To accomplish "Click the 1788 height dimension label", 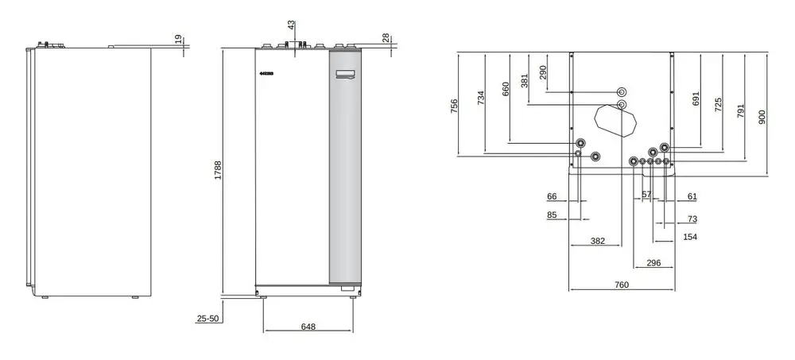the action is pos(218,170).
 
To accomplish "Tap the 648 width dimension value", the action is pos(308,327).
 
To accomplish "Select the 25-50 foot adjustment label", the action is pos(207,319).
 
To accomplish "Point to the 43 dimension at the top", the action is pos(290,25).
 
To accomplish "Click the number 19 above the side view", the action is pos(177,40).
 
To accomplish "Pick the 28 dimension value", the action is pos(386,38).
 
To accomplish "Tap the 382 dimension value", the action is pos(598,241).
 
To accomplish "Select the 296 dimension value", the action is pos(653,262).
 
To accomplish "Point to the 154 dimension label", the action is pos(690,237).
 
